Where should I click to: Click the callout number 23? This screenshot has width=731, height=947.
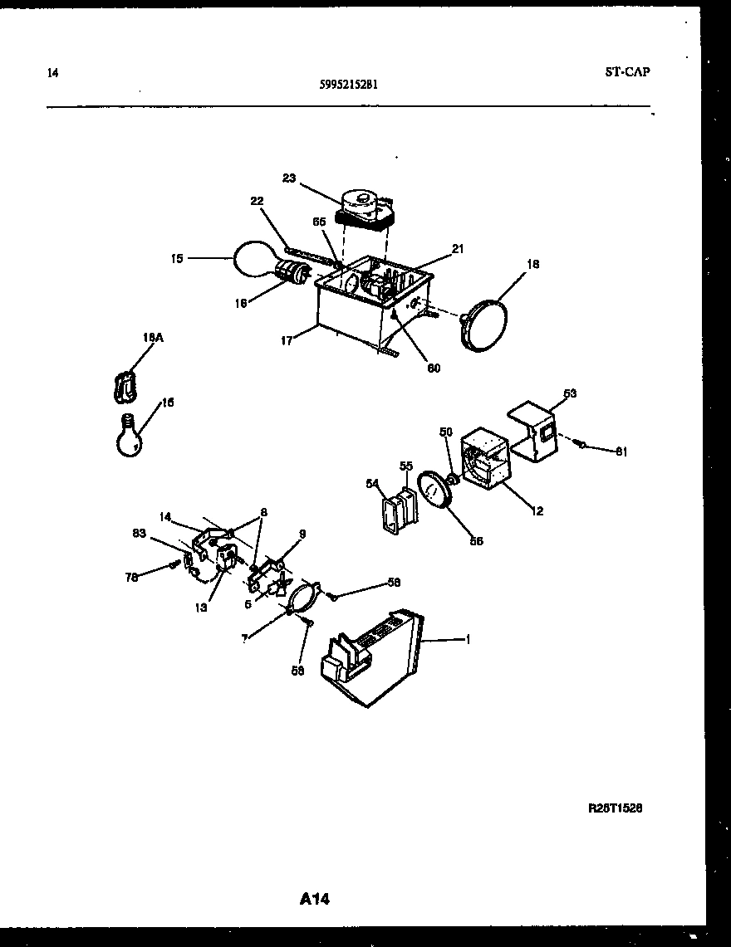[288, 178]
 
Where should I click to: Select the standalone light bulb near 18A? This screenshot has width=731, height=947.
[130, 435]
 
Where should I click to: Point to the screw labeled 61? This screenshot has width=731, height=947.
[581, 445]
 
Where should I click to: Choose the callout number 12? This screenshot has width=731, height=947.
[537, 511]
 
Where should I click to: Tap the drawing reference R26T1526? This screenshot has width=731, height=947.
[616, 808]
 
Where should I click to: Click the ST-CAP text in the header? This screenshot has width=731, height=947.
[627, 71]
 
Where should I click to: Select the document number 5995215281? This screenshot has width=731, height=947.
[350, 84]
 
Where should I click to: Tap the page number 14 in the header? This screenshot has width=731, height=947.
[53, 73]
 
